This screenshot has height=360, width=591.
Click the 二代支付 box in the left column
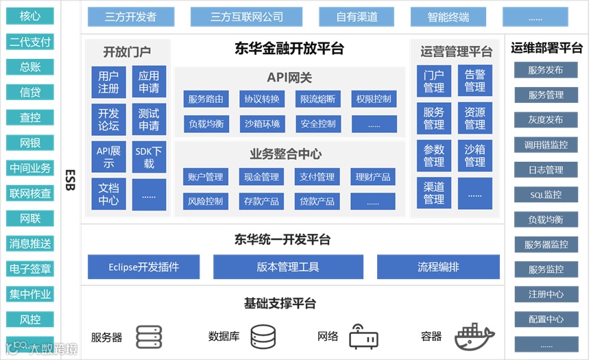30,42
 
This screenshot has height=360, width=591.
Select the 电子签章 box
30,269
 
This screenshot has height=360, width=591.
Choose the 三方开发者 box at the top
131,17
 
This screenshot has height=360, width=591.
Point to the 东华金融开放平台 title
289,49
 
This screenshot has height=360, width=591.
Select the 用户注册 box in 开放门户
108,82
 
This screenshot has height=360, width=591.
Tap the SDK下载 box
149,157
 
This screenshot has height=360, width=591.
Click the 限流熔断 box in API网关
318,99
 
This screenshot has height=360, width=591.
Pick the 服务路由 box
206,99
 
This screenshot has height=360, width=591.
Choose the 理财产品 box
373,177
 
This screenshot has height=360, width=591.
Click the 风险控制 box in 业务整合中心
206,202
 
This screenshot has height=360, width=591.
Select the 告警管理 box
474,81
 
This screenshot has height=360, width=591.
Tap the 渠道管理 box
433,193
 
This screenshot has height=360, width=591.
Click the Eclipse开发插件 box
143,267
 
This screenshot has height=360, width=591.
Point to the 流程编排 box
438,267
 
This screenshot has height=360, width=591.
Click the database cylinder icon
263,336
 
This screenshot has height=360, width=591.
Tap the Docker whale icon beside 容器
474,335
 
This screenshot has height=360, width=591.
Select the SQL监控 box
546,195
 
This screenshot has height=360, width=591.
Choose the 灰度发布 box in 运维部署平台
546,120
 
